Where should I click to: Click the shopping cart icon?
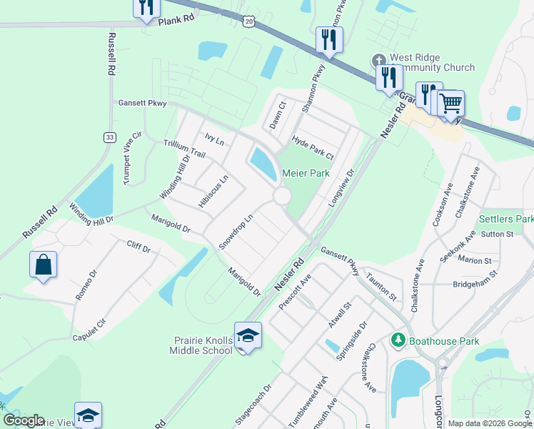(450, 104)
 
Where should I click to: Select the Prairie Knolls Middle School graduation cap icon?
(248, 335)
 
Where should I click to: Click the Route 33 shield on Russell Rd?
(109, 137)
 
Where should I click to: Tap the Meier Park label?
(305, 174)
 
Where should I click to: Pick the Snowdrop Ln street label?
(236, 231)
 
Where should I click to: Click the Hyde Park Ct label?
(313, 147)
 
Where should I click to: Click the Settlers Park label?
(506, 219)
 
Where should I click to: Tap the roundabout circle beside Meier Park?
(282, 196)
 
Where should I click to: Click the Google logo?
(23, 420)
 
